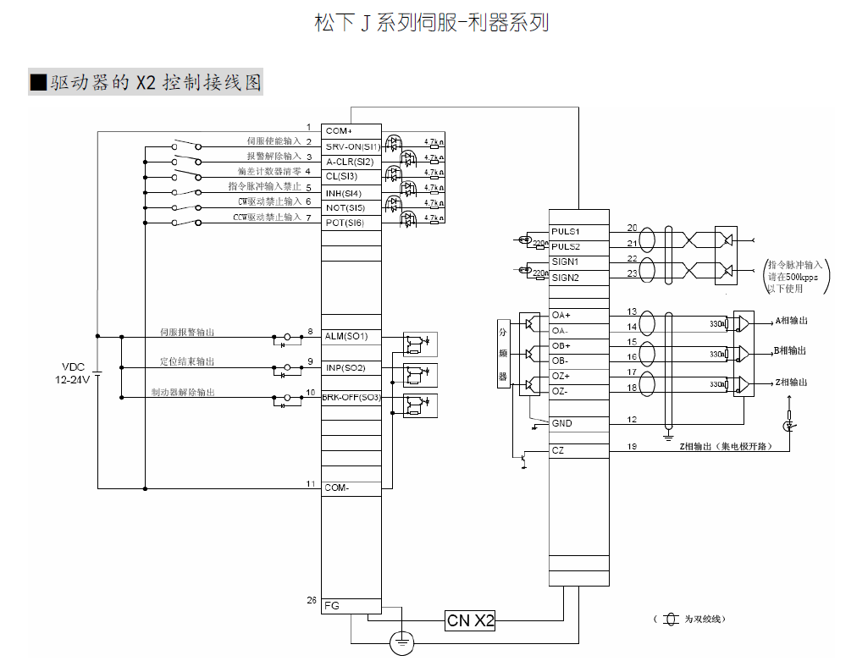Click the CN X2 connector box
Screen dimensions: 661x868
[x=470, y=620]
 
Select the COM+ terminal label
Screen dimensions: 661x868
[x=339, y=131]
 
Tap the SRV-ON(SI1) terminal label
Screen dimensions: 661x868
[x=353, y=146]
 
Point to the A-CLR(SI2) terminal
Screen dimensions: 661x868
[x=350, y=162]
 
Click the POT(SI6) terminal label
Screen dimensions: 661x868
[x=345, y=223]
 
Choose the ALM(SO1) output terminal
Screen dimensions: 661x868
[x=346, y=336]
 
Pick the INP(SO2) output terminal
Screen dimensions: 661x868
[x=346, y=367]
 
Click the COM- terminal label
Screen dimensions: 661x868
[x=337, y=487]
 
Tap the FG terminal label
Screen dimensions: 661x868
[x=332, y=605]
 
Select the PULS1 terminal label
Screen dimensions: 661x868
[x=566, y=231]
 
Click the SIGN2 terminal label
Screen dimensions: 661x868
[x=566, y=278]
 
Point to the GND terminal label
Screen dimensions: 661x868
[x=561, y=423]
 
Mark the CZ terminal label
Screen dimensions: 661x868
[x=558, y=451]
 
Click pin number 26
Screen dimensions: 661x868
[x=311, y=601]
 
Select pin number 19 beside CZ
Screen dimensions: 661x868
[x=632, y=446]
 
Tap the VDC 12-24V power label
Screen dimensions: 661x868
[x=74, y=372]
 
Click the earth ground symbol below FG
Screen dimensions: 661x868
[x=402, y=643]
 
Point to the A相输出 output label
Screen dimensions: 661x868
[x=791, y=322]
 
